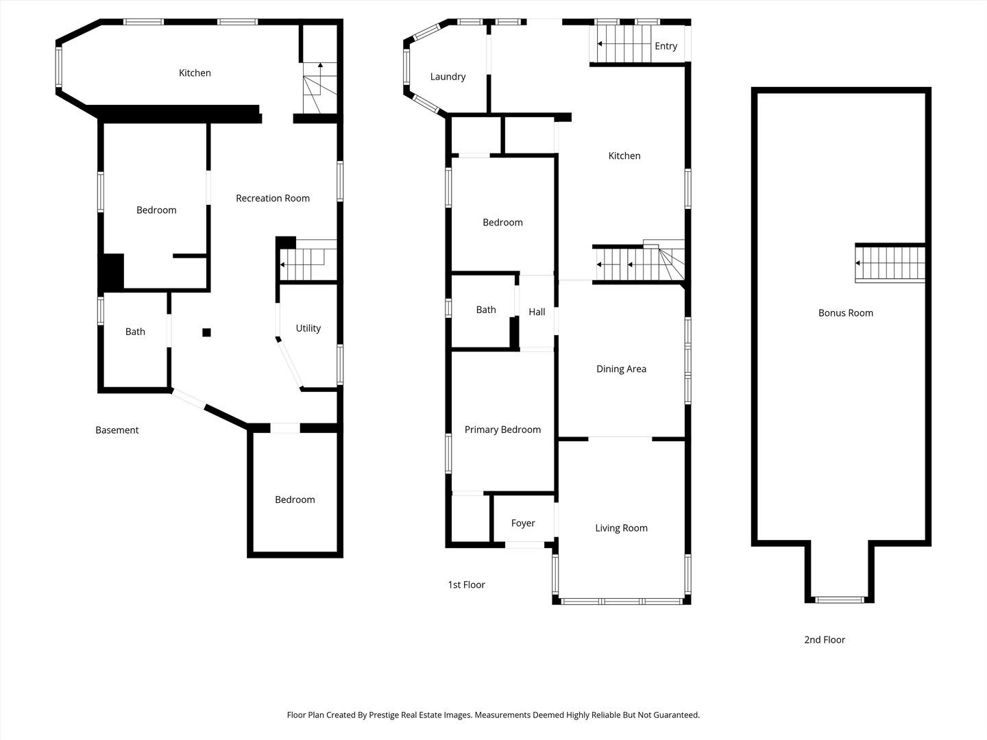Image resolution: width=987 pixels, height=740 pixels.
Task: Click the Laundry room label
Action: [448, 77]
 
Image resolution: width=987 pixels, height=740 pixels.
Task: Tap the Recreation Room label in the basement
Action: [272, 198]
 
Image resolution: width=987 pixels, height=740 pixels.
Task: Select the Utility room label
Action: [308, 328]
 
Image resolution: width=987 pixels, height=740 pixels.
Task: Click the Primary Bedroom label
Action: [502, 430]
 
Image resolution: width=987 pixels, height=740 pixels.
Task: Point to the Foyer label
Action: [523, 523]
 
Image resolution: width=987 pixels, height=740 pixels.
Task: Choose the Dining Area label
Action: [621, 369]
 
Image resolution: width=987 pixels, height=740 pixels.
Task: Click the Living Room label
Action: [621, 528]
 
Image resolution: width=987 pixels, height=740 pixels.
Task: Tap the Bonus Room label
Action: [845, 313]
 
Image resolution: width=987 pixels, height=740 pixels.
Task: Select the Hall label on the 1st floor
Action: [537, 312]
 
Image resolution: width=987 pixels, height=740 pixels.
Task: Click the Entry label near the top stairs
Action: [666, 46]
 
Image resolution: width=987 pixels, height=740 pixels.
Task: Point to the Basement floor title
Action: [117, 430]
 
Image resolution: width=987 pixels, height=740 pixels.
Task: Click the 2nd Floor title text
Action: [825, 640]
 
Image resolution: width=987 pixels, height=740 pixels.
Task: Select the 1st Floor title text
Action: [466, 585]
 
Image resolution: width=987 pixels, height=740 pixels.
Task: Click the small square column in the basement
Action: [206, 333]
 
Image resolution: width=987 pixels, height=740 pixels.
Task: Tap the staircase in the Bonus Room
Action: [890, 263]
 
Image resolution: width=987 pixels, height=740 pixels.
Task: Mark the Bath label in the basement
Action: [135, 332]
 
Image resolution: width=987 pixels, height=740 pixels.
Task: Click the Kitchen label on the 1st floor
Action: [624, 156]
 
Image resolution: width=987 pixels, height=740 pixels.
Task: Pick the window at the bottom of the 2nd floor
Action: [840, 600]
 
